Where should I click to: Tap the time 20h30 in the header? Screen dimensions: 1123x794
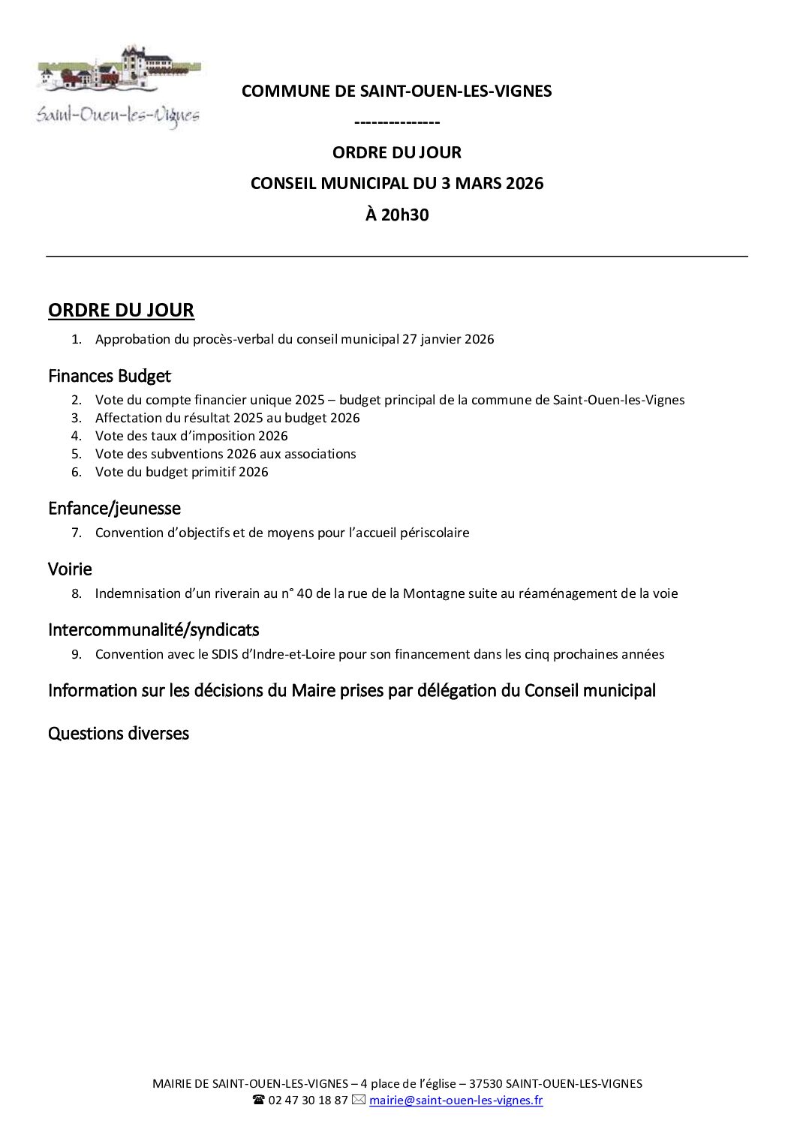pos(396,215)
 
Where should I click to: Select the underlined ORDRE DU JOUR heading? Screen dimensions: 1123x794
pos(121,310)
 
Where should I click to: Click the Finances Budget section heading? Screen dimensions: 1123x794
pos(110,375)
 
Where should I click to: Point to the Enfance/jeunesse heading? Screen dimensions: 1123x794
pos(114,509)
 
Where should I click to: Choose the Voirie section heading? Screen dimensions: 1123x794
pos(70,569)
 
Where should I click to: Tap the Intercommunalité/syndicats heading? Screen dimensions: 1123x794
pos(153,629)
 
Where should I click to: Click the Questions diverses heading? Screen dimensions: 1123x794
pos(119,733)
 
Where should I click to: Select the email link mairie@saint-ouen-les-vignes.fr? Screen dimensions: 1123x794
pos(456,1100)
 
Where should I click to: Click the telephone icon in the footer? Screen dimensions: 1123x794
pos(258,1100)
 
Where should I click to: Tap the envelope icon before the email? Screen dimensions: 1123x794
pos(358,1100)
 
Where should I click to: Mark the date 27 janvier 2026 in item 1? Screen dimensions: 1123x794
pos(448,339)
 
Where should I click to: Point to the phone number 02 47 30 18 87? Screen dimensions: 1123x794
pos(308,1100)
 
